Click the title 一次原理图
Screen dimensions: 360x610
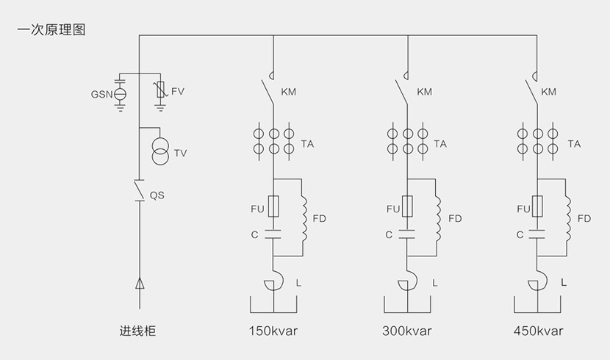click(51, 30)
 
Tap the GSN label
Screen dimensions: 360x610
click(101, 95)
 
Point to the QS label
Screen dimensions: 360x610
click(157, 195)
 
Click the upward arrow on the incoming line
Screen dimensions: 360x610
click(139, 284)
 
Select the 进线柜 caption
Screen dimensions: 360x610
click(137, 331)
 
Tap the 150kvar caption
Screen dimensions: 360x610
click(273, 331)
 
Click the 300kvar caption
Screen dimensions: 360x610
click(407, 331)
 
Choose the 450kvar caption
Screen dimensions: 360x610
click(539, 331)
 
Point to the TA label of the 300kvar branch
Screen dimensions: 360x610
click(440, 144)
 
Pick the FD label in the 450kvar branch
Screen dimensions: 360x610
click(584, 219)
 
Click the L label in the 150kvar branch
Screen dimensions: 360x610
click(298, 282)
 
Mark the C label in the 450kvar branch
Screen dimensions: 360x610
click(520, 235)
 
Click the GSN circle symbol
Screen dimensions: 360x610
click(120, 94)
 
